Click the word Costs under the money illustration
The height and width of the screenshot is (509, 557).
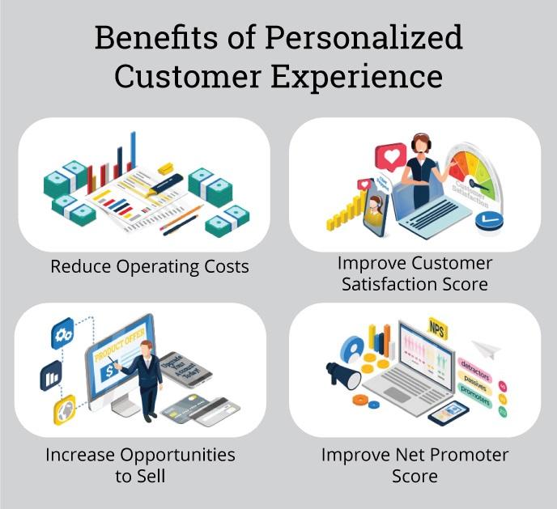222,265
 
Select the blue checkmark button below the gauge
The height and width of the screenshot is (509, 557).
489,219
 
